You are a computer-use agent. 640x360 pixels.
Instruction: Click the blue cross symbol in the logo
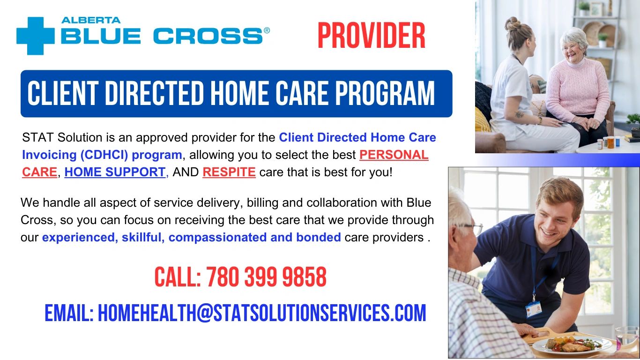[x=36, y=36]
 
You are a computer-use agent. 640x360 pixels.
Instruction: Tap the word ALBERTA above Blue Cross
[x=91, y=20]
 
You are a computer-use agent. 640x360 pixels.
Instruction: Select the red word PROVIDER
[x=372, y=36]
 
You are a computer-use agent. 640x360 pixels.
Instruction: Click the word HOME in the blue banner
[x=240, y=93]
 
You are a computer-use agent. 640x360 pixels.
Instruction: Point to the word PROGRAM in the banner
[x=385, y=93]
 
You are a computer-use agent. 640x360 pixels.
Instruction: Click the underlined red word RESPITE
[x=229, y=172]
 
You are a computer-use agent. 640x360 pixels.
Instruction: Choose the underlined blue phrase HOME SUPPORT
[x=115, y=172]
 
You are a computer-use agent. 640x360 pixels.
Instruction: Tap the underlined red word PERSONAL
[x=394, y=155]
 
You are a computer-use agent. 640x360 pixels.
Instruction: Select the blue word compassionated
[x=217, y=238]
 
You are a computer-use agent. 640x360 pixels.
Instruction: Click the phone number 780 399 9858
[x=266, y=277]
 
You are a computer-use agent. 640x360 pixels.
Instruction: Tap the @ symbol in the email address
[x=205, y=313]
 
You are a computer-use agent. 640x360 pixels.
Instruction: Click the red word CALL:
[x=178, y=277]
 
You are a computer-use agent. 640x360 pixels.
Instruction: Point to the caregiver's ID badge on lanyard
[x=534, y=309]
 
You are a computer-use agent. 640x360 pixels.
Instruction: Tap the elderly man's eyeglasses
[x=470, y=228]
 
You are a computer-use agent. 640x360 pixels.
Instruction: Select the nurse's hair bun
[x=513, y=24]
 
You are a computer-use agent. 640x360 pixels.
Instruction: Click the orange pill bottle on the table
[x=610, y=142]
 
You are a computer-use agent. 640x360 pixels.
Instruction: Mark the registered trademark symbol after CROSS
[x=267, y=30]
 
